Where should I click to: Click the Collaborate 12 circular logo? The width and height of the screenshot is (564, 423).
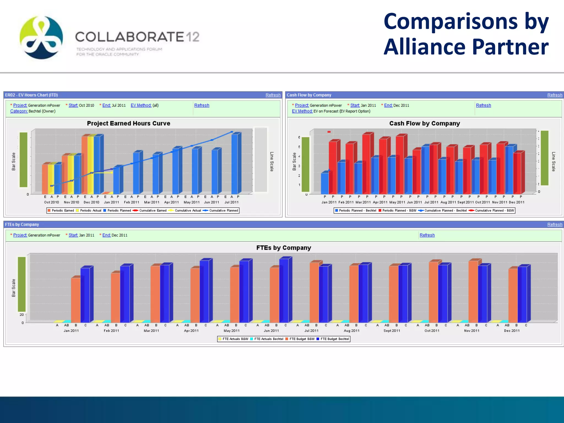(41, 37)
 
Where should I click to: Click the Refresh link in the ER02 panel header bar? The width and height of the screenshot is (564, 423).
(273, 95)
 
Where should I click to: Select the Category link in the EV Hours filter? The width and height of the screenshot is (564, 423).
(19, 111)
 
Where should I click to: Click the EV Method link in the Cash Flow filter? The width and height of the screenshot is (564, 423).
(302, 111)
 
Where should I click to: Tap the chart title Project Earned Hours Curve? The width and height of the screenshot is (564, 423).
(128, 123)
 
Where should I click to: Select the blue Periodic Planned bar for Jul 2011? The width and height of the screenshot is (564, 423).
(235, 164)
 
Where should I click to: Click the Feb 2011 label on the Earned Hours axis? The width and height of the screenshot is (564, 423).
(131, 202)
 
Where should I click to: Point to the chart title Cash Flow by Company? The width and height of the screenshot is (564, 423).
(424, 123)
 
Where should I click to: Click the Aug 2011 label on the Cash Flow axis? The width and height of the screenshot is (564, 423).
(448, 202)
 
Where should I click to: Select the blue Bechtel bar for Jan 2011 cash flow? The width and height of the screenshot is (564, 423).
(325, 183)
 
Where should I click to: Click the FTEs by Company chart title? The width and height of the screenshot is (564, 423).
(284, 248)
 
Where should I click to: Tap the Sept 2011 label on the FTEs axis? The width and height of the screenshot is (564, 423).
(392, 331)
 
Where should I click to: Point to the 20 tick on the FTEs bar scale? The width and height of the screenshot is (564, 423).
(22, 314)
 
